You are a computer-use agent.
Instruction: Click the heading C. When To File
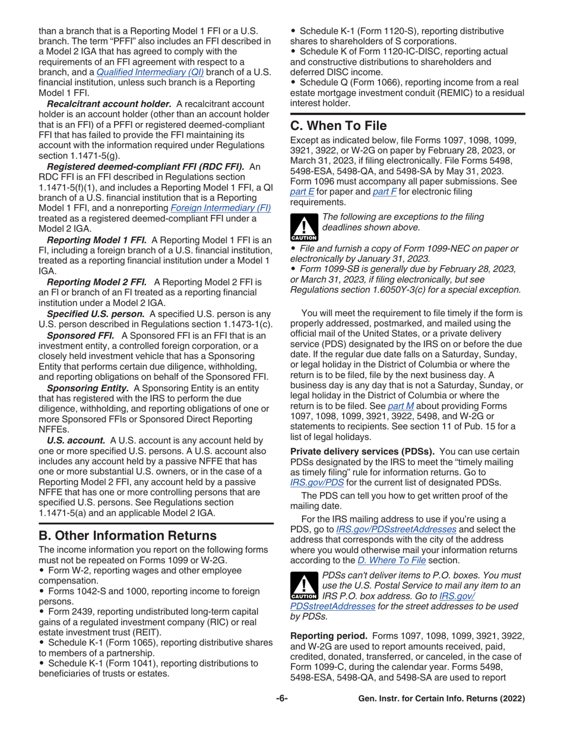tap(338, 126)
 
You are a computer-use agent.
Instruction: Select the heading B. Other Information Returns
tap(128, 535)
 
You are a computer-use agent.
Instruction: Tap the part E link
tap(299, 192)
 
